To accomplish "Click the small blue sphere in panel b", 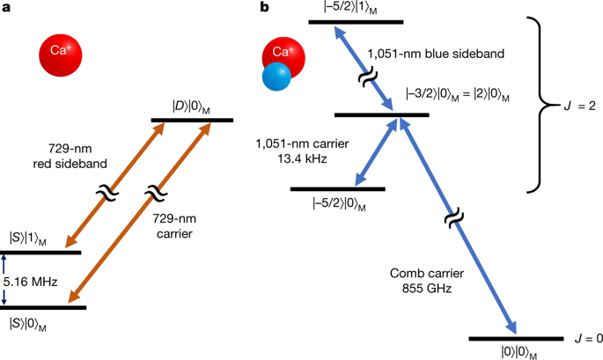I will point(278,78).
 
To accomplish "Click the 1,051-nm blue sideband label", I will point(450,54).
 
